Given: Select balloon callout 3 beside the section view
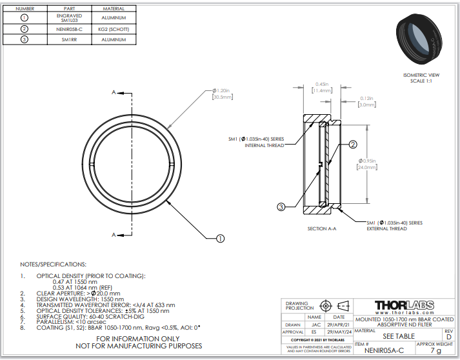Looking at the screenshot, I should [281, 207].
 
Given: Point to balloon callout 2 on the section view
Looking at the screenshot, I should [353, 145].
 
